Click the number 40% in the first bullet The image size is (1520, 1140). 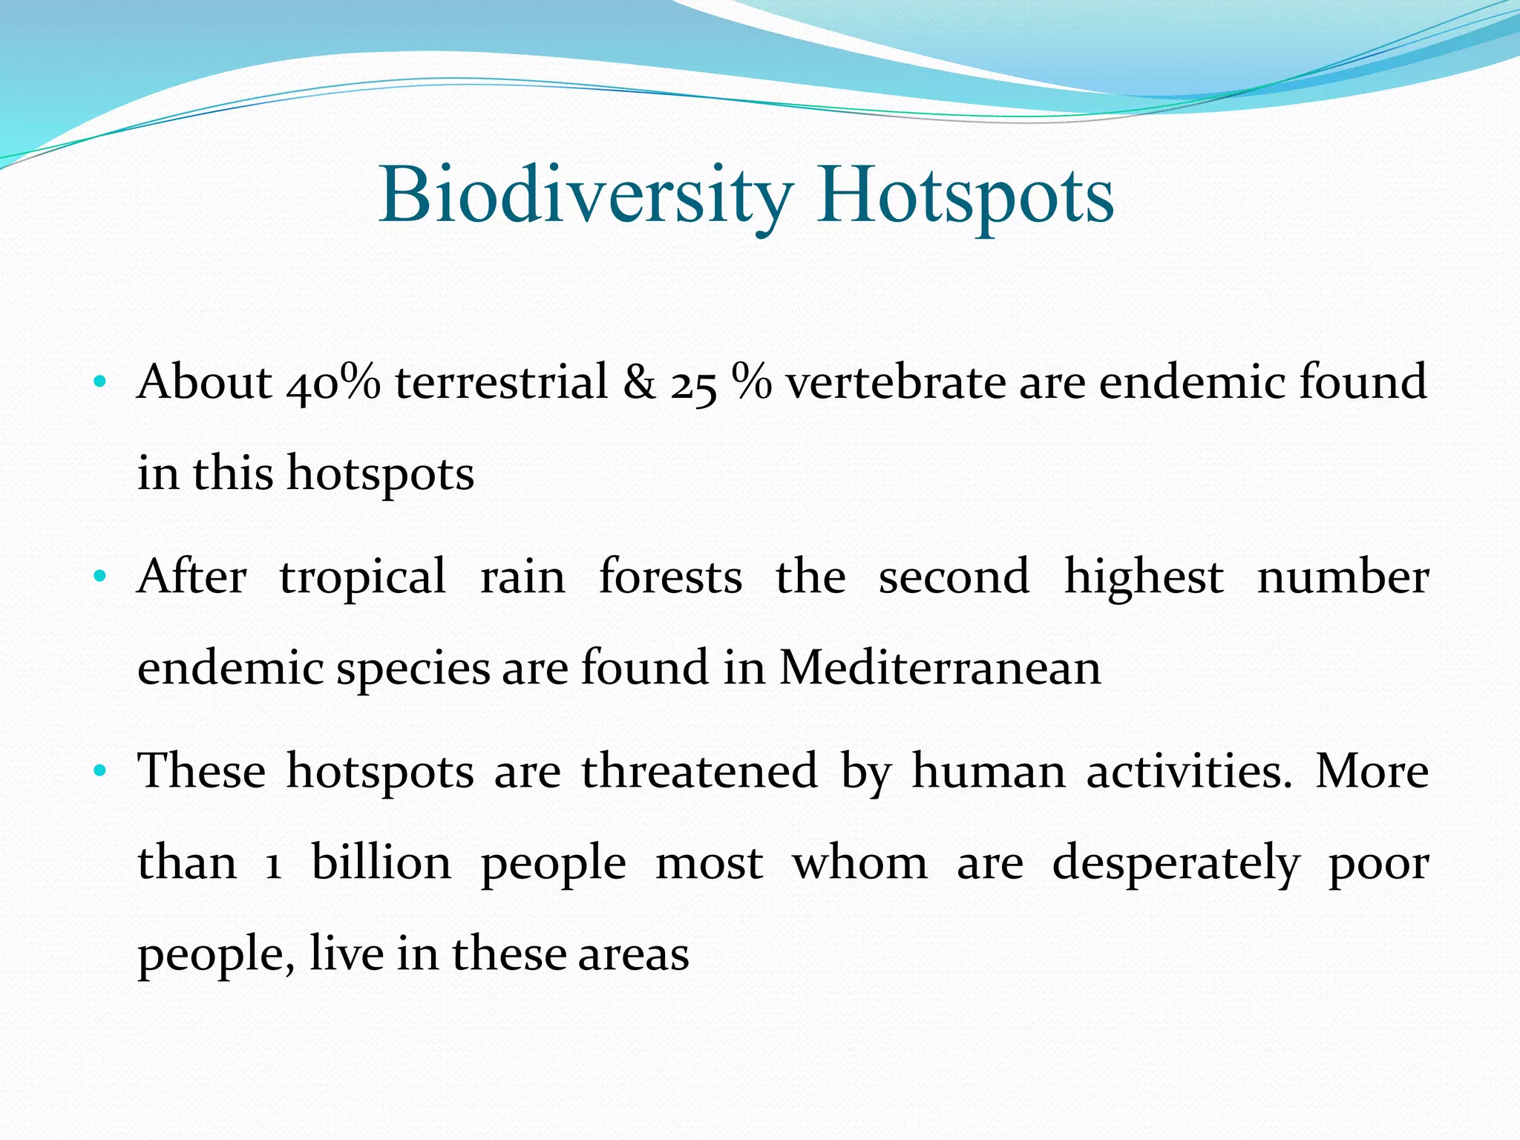[334, 383]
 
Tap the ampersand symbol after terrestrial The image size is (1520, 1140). [639, 383]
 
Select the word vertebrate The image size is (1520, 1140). [895, 383]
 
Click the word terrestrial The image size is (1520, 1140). [501, 383]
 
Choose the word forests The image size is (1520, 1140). [669, 577]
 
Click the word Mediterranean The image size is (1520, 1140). [940, 668]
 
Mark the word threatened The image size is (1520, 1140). [699, 772]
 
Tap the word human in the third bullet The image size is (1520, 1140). [989, 772]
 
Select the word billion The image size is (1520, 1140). [381, 863]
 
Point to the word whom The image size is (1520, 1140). [859, 863]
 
